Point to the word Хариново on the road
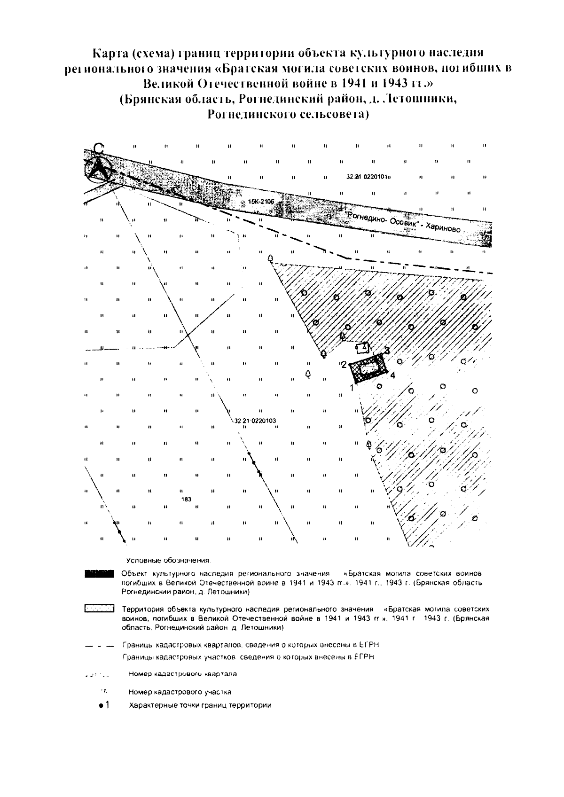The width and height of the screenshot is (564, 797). click(x=443, y=227)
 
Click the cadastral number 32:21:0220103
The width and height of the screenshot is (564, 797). click(x=255, y=421)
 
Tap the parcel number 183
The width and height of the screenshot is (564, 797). click(x=186, y=499)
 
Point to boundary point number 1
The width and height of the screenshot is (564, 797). click(x=351, y=388)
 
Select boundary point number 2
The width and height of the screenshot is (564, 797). click(x=344, y=364)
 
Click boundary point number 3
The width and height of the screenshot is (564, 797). click(x=387, y=350)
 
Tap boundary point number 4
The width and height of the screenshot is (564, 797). click(x=392, y=375)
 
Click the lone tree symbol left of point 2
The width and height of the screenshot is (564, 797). click(x=308, y=375)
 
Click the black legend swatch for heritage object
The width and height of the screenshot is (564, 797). click(x=99, y=573)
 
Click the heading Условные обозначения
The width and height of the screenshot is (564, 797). click(x=168, y=561)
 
